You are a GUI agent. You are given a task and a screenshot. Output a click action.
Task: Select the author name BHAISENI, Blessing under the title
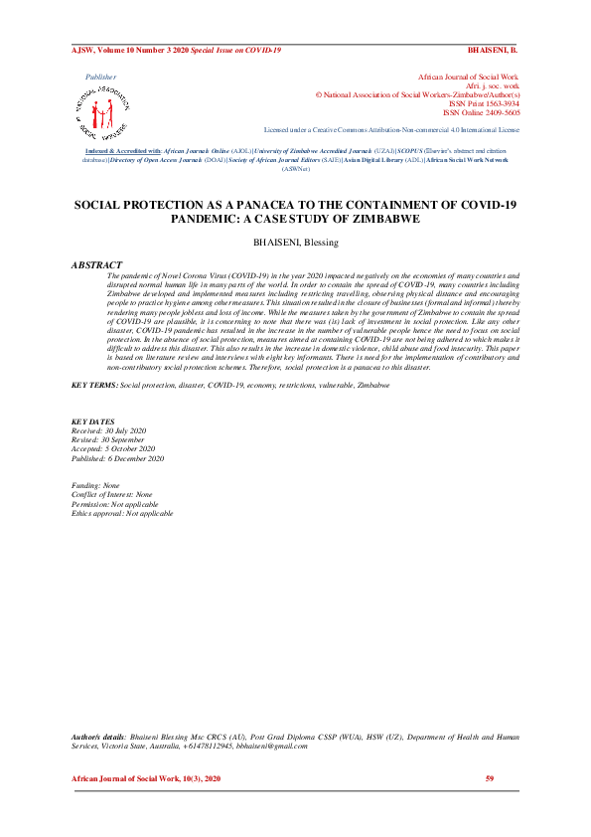pyautogui.click(x=295, y=243)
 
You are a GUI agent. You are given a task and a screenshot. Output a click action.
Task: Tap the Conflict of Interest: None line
pyautogui.click(x=112, y=494)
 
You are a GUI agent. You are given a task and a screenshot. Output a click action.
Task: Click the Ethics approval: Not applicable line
pyautogui.click(x=122, y=513)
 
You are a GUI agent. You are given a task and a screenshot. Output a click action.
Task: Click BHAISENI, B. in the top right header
pyautogui.click(x=493, y=49)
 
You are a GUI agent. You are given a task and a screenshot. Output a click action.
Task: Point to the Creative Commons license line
pyautogui.click(x=390, y=130)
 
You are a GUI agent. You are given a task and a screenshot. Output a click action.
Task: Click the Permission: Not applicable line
pyautogui.click(x=114, y=504)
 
